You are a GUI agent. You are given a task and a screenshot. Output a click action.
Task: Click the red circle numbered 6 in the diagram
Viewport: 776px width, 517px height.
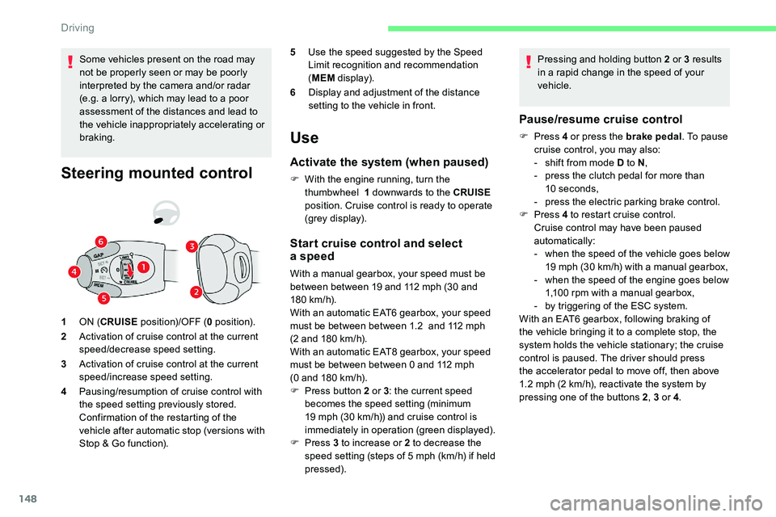99,241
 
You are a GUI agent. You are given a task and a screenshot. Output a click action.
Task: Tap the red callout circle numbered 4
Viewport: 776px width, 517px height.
74,271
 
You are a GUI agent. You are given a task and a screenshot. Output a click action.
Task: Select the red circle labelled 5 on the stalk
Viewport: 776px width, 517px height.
104,299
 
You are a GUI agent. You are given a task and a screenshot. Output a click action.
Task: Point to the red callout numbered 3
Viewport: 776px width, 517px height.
192,246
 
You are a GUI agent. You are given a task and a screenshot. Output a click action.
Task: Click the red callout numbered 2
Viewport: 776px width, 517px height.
196,291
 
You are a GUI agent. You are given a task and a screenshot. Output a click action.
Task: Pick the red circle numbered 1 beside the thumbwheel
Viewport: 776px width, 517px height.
142,267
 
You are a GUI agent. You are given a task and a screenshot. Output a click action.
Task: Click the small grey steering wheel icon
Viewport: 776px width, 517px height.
167,212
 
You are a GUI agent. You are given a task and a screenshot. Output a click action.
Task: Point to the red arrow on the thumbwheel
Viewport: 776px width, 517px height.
127,268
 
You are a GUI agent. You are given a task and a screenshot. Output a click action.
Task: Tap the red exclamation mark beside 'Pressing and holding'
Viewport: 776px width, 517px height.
526,61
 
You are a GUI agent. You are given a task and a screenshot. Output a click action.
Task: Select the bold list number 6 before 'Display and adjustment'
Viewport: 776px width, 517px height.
293,92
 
